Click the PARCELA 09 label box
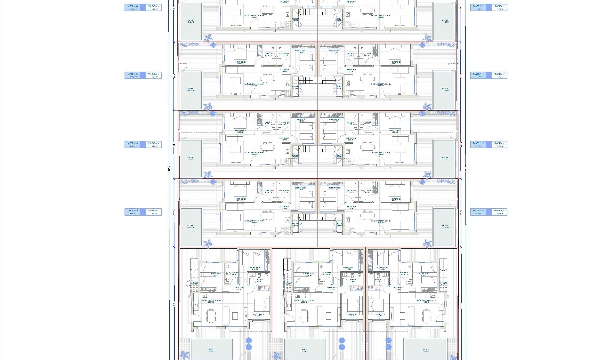point(132,75)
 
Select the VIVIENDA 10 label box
point(154,145)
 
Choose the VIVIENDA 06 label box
point(499,75)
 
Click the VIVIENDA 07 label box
point(499,7)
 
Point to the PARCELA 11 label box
point(132,212)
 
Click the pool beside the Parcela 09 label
point(191,90)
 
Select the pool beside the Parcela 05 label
point(445,158)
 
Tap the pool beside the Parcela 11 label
point(191,227)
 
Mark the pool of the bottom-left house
point(211,349)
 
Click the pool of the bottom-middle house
point(305,349)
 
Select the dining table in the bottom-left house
point(211,316)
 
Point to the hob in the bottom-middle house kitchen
point(298,296)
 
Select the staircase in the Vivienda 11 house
point(306,217)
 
